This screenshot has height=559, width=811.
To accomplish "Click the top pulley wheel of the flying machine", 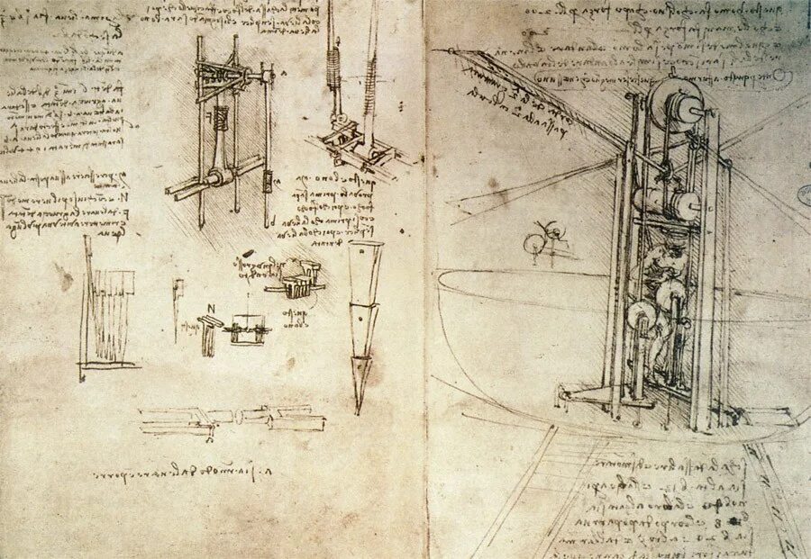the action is click(x=678, y=103).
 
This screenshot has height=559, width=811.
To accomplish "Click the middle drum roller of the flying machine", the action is click(x=671, y=203).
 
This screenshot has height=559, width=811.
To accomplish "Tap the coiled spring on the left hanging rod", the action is click(x=331, y=68).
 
